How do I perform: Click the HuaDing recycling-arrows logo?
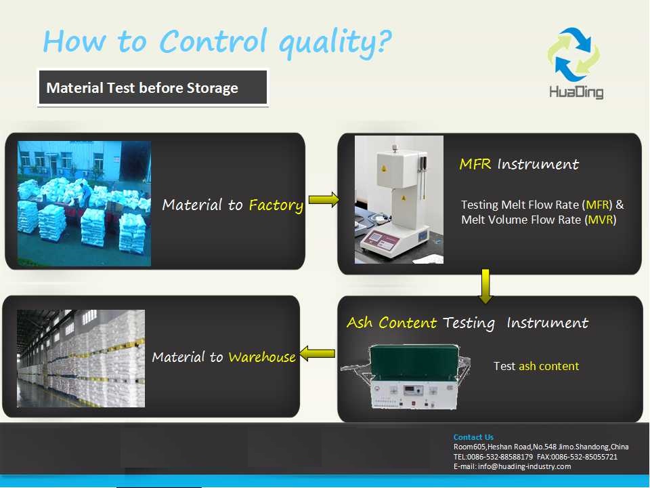click(x=573, y=54)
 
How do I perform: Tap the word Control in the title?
click(x=213, y=41)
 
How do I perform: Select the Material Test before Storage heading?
click(x=142, y=87)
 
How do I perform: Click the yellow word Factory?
click(x=276, y=205)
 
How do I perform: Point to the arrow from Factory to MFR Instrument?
click(x=324, y=199)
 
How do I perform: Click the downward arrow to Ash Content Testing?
click(x=485, y=286)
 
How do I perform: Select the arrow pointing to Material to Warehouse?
click(x=317, y=354)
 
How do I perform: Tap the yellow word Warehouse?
click(x=262, y=357)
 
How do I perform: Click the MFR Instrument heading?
click(x=519, y=164)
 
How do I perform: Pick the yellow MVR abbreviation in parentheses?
click(x=601, y=220)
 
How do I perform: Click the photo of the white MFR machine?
click(x=399, y=199)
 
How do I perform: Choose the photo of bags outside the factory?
click(x=84, y=203)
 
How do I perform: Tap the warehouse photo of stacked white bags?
click(x=81, y=359)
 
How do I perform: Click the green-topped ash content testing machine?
click(x=406, y=376)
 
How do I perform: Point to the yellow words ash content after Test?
click(x=549, y=366)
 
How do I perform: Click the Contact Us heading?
click(x=473, y=437)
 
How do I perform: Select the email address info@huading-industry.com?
click(x=524, y=466)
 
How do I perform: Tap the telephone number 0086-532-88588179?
click(x=500, y=457)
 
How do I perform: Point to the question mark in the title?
click(x=385, y=41)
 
